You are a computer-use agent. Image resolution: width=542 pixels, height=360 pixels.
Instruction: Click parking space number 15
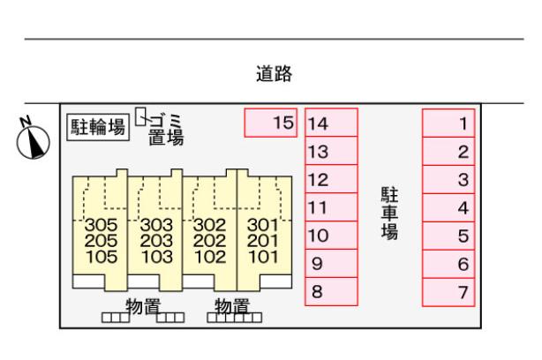271,123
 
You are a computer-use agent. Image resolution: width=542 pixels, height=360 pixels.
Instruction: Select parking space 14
331,123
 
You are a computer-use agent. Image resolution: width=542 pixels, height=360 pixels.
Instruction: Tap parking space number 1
449,123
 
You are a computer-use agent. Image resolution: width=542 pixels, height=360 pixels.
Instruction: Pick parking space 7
449,291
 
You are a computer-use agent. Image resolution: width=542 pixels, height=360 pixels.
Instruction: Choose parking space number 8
331,291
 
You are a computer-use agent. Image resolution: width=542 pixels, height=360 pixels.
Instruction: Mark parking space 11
331,207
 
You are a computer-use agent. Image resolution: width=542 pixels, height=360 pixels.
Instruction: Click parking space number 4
449,207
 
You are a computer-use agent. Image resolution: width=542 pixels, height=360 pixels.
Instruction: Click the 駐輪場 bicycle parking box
98,127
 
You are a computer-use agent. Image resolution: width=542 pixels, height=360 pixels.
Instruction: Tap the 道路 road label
271,74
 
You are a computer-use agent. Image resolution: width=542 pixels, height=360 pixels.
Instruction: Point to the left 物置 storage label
142,305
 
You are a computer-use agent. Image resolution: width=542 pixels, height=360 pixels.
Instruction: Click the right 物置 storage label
234,305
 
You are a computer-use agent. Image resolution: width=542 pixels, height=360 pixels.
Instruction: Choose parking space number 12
331,179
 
